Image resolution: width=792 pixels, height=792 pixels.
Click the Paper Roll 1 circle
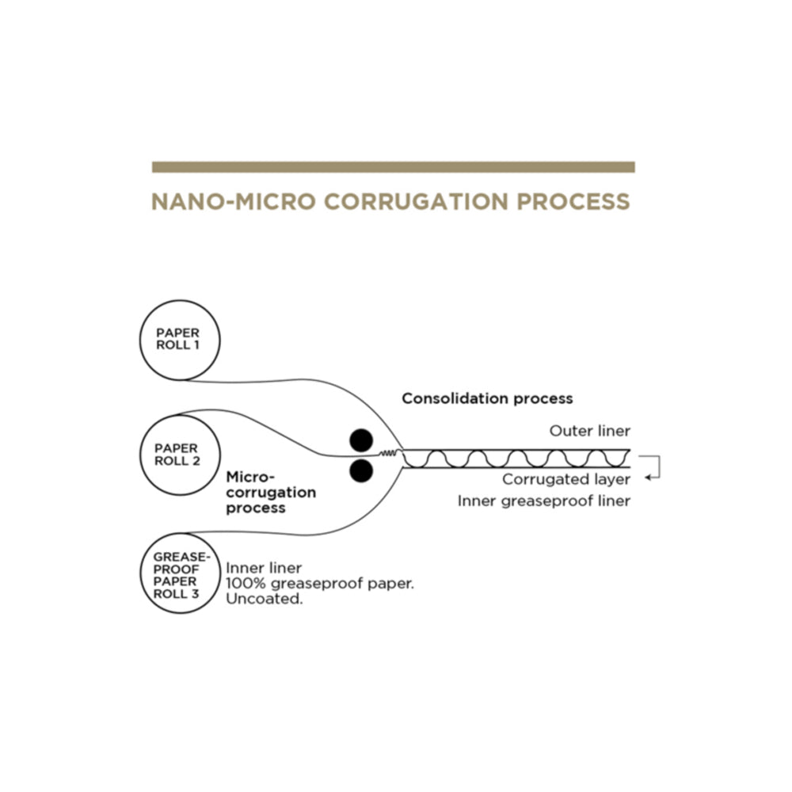click(x=140, y=340)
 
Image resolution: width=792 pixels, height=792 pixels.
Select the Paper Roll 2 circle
click(x=140, y=455)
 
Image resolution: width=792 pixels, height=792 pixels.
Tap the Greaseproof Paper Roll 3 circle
click(x=140, y=573)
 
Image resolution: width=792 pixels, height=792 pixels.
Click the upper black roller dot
click(x=361, y=440)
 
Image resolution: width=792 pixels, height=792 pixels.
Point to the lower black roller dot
click(x=361, y=470)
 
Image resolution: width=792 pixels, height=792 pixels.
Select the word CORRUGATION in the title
click(x=417, y=201)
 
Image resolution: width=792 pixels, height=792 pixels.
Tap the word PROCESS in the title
click(x=573, y=201)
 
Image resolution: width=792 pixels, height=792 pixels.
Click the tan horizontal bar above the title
click(x=394, y=167)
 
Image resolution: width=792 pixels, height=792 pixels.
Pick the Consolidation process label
click(x=487, y=398)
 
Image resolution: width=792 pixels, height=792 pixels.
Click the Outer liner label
click(x=590, y=431)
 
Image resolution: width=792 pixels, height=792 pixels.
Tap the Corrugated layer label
click(x=566, y=479)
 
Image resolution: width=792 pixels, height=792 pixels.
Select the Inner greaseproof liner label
click(x=544, y=501)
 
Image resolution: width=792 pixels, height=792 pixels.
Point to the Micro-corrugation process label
click(x=271, y=493)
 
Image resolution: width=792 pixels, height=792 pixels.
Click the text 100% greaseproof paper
click(x=320, y=584)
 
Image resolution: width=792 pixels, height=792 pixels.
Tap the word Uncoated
click(x=265, y=599)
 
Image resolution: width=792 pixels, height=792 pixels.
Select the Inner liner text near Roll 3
click(x=264, y=568)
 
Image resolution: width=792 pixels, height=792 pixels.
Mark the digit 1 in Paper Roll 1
click(x=196, y=345)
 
